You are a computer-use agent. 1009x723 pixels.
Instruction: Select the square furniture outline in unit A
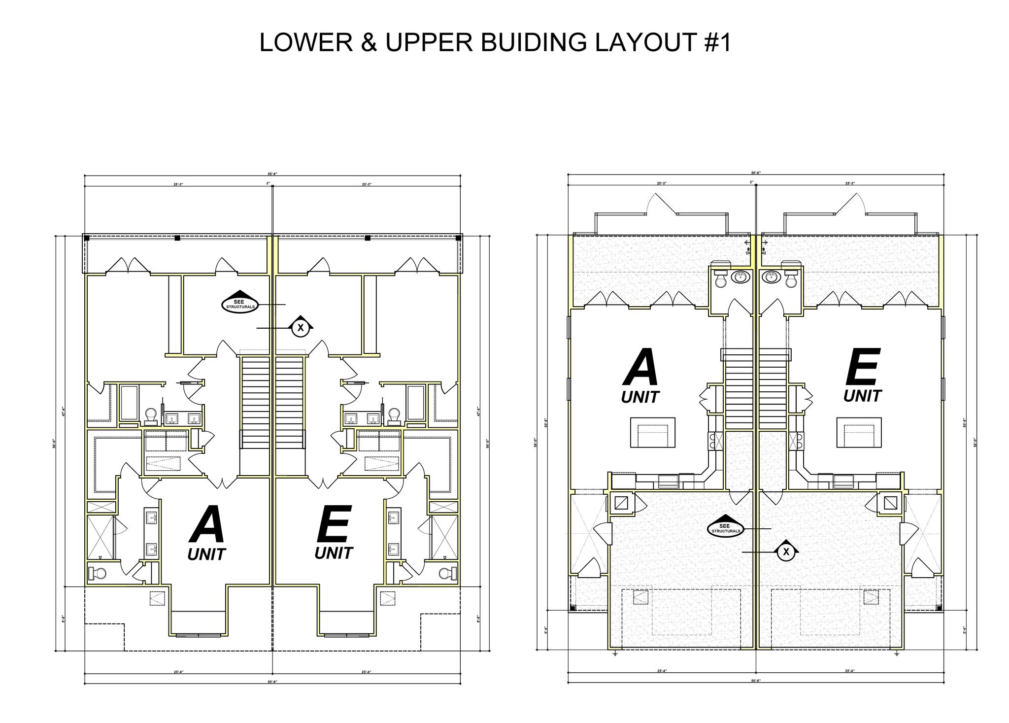[x=653, y=432]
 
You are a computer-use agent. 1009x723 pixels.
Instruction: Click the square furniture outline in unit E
[x=859, y=432]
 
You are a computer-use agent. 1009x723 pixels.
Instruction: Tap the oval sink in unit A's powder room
[x=740, y=277]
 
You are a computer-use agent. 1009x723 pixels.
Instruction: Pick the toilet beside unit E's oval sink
[x=792, y=278]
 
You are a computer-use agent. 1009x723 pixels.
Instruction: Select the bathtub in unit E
[x=416, y=402]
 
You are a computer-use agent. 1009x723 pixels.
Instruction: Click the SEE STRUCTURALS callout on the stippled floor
[x=724, y=529]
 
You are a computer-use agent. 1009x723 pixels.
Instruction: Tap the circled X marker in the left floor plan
[x=301, y=327]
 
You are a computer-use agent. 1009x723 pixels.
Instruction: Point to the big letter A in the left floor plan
[x=207, y=524]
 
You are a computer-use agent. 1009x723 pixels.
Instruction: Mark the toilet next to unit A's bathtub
[x=151, y=415]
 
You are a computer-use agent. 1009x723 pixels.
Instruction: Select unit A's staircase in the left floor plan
[x=256, y=402]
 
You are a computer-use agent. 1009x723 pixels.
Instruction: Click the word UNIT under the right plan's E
[x=862, y=396]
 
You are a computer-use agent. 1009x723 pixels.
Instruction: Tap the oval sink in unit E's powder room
[x=770, y=277]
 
